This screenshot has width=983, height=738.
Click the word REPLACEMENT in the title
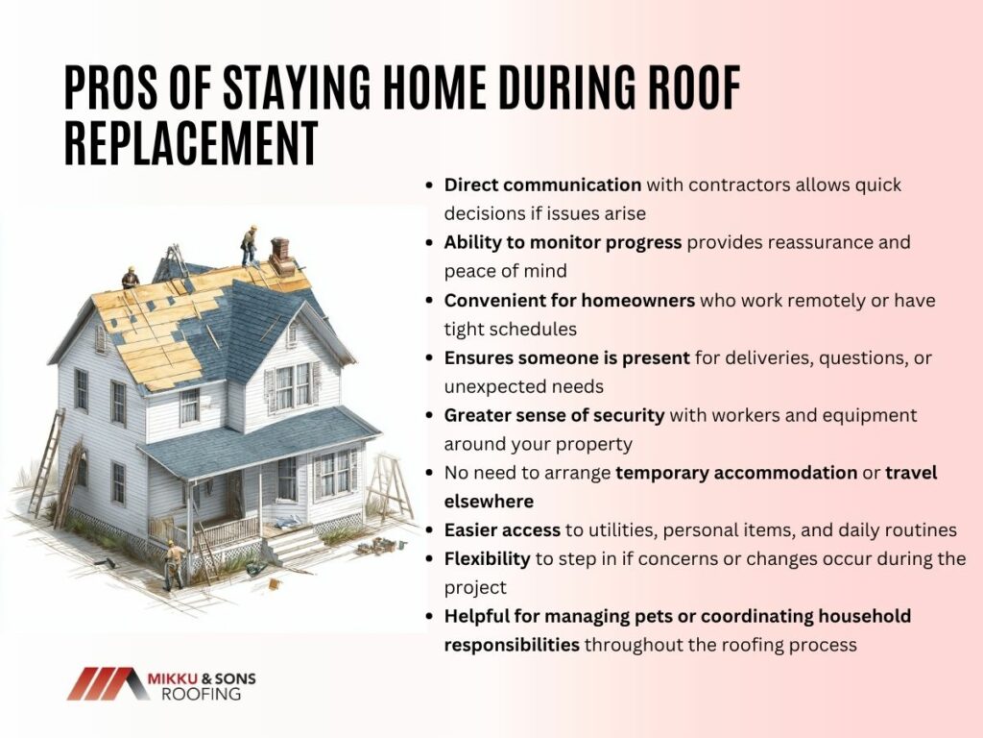click(191, 143)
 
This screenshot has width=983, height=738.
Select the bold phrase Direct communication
click(542, 185)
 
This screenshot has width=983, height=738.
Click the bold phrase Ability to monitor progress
click(563, 243)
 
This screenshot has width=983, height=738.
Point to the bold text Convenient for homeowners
click(569, 301)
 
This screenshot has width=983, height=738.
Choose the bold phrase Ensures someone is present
click(566, 357)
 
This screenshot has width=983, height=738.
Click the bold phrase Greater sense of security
click(554, 415)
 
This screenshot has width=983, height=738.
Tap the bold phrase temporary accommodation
click(736, 473)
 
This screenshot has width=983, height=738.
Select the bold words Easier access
click(502, 530)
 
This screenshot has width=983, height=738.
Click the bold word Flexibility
click(487, 559)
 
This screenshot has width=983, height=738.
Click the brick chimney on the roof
click(282, 257)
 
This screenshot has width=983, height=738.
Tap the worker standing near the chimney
click(249, 246)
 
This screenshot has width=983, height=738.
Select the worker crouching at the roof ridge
click(131, 278)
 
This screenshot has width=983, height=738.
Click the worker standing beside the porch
click(174, 565)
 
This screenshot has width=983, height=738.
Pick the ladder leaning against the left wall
click(46, 463)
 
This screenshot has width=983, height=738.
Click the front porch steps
click(294, 545)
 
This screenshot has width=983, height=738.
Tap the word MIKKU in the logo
click(172, 678)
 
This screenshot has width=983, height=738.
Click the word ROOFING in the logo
click(202, 694)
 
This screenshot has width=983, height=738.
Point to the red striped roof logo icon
click(108, 683)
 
